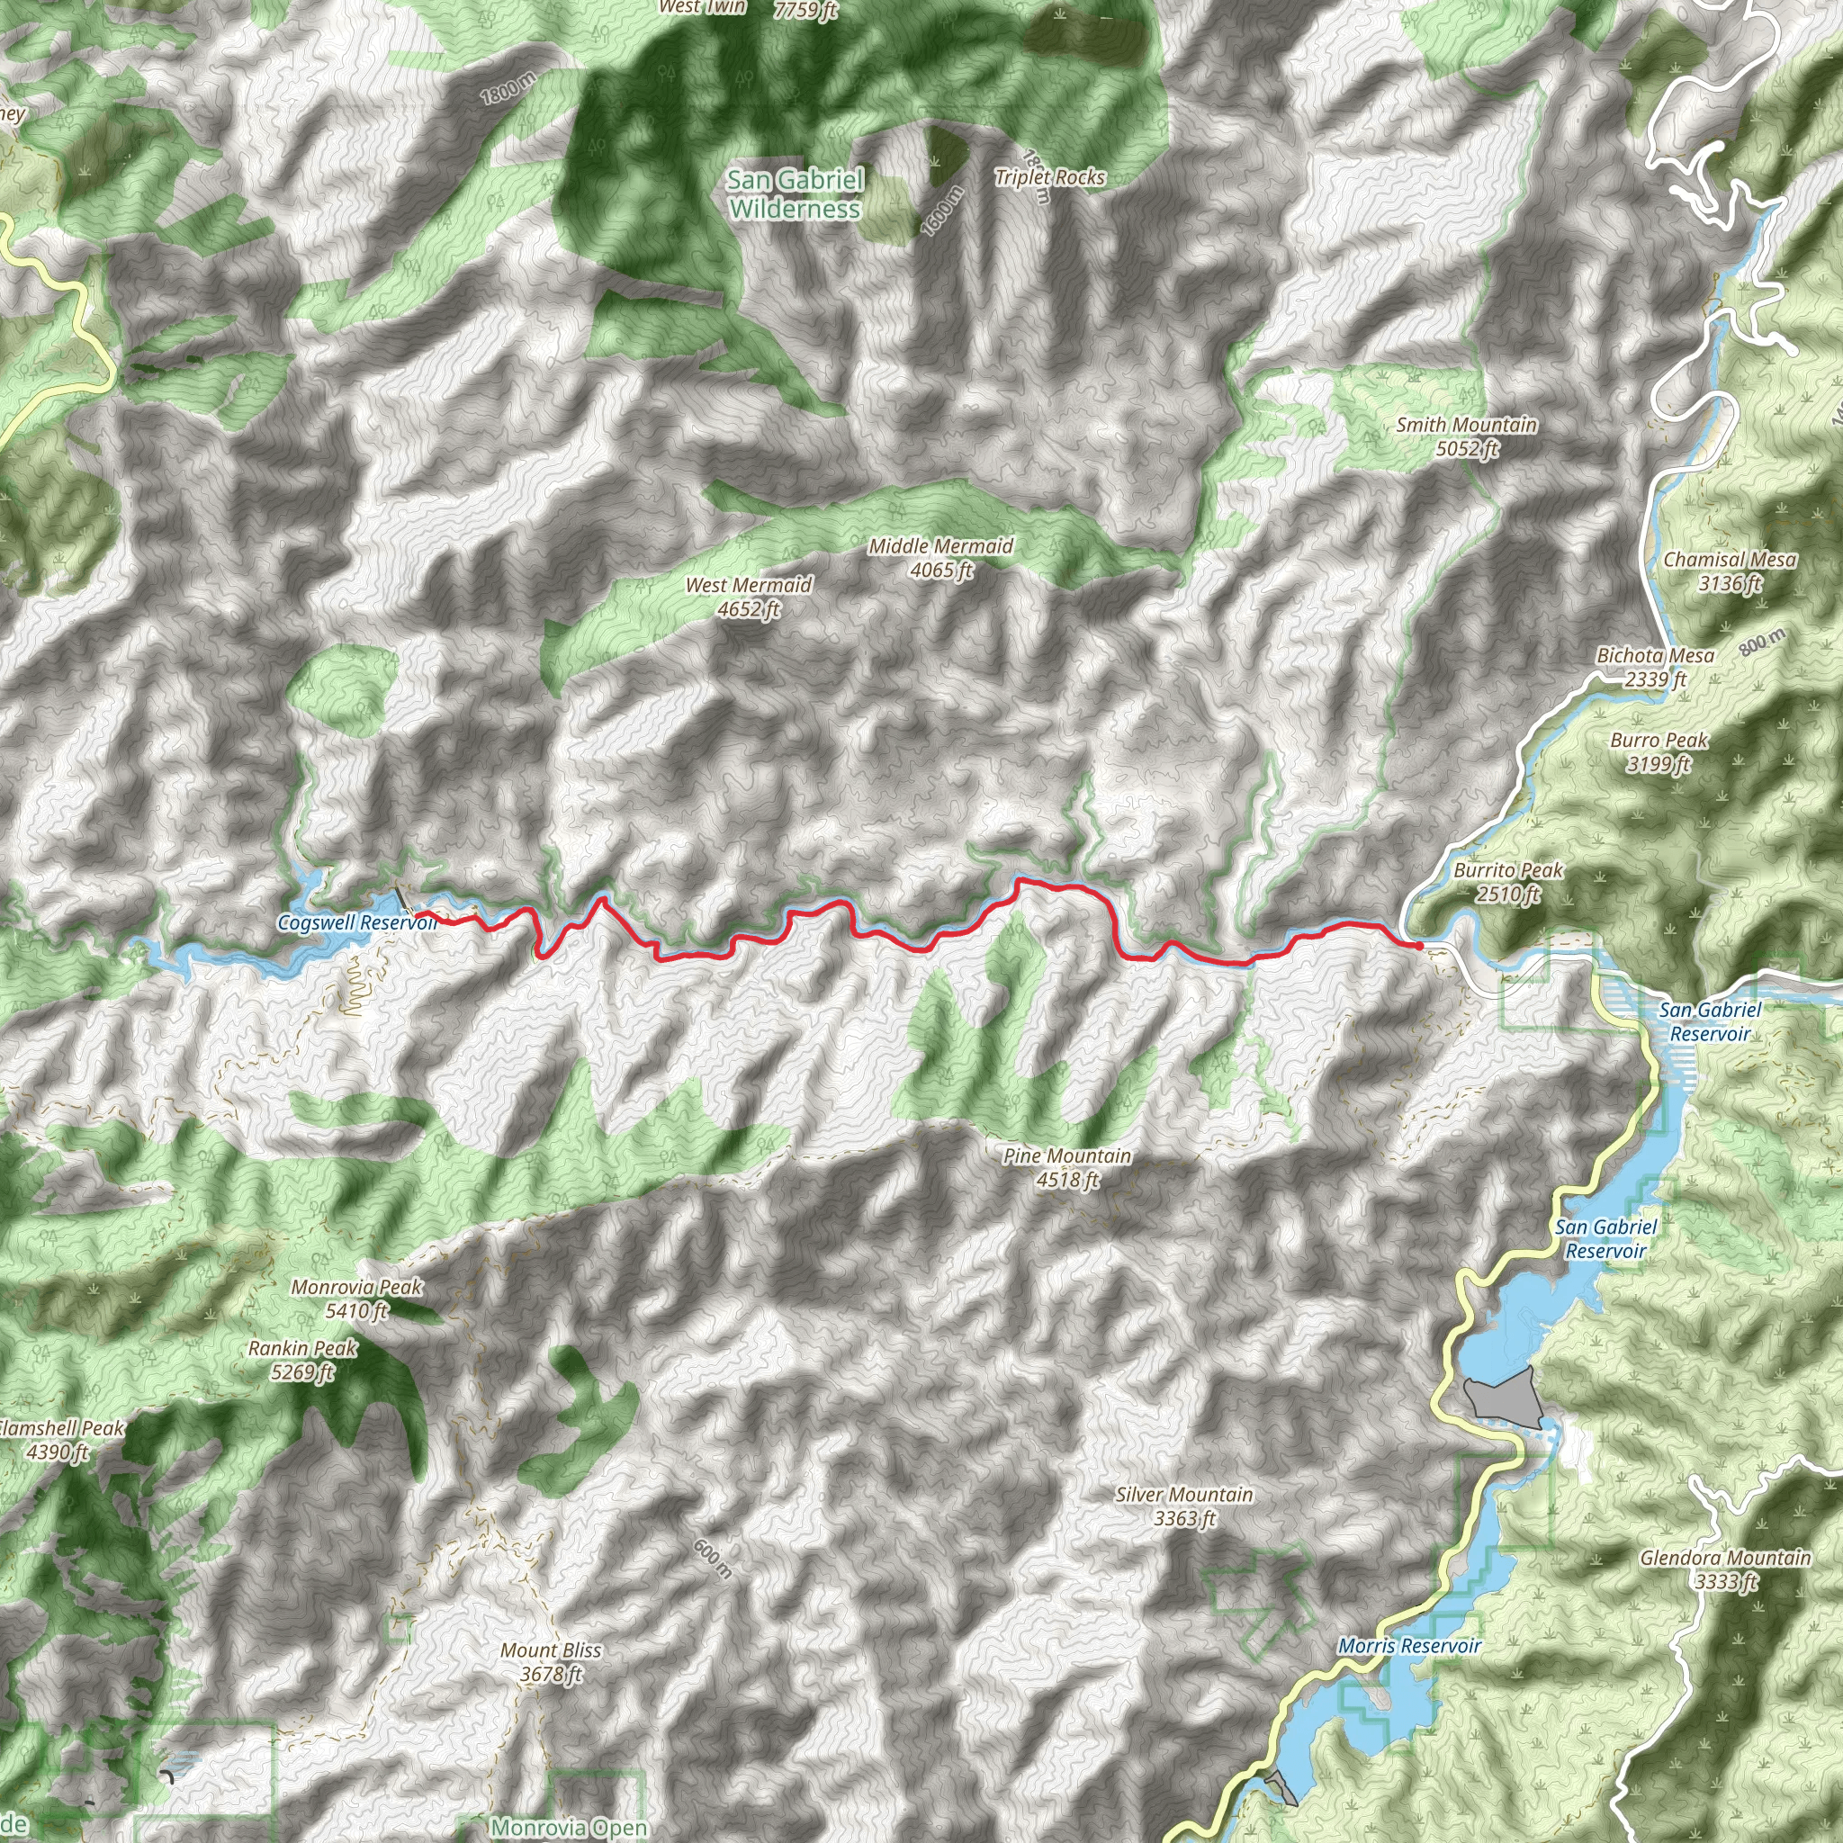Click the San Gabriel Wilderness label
pos(795,193)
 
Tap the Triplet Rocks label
pos(1049,177)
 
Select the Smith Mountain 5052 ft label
pos(1466,436)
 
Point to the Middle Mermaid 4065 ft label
pos(940,558)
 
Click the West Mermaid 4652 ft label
pos(749,598)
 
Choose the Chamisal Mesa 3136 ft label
pos(1730,571)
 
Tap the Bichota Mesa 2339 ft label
pos(1655,667)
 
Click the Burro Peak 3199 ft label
pos(1659,751)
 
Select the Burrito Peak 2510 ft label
pos(1508,881)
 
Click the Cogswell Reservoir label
pos(355,922)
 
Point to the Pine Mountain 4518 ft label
pos(1067,1167)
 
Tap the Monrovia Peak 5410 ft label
pos(356,1299)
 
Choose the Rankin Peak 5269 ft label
pos(302,1360)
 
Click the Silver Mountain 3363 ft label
pos(1184,1506)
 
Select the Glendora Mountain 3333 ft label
pos(1725,1569)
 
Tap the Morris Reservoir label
pos(1409,1646)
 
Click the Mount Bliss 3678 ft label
pos(551,1662)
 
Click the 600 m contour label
pos(713,1559)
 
